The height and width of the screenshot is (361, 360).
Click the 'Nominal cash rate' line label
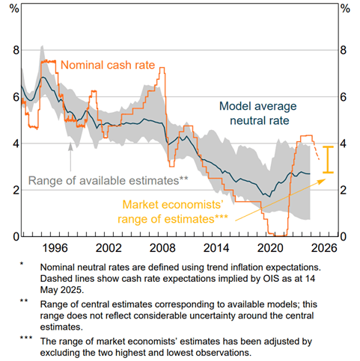(108, 65)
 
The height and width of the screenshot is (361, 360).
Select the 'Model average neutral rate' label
(258, 114)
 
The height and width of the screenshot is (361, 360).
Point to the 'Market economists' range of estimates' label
(173, 212)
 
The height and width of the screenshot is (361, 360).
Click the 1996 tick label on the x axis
(55, 248)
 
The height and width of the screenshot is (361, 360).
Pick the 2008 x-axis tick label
(162, 248)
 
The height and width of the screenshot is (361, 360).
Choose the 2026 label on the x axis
(324, 248)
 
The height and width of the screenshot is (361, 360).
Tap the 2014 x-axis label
(216, 248)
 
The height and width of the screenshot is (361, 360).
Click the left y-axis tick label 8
(16, 50)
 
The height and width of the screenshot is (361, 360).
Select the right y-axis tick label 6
(344, 97)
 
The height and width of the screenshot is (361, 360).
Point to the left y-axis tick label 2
(16, 190)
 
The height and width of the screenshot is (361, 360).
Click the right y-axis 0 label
(344, 237)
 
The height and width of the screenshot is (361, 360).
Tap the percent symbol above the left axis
(14, 9)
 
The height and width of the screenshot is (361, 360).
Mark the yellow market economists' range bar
(328, 159)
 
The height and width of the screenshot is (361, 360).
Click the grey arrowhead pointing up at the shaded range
(70, 146)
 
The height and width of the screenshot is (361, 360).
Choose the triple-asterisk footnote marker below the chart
(26, 338)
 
